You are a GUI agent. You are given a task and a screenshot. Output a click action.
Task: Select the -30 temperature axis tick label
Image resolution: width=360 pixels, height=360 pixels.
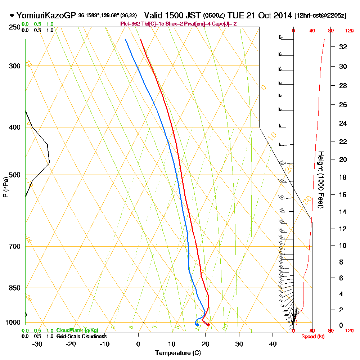coord(37,344)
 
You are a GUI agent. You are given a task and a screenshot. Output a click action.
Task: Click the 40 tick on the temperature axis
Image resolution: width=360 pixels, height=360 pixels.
coord(273,344)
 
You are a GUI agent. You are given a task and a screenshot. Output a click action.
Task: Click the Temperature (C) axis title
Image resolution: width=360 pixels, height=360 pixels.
coord(178,353)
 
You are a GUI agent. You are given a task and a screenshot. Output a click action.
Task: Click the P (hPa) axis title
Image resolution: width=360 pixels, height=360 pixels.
coord(5,187)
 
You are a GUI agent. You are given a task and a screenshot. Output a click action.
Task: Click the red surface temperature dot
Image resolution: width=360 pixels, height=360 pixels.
coord(208,325)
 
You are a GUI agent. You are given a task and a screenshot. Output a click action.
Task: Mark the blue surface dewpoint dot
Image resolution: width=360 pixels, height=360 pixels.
coord(197,325)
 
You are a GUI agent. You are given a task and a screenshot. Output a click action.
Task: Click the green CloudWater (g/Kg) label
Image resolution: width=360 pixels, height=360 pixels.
coord(77,330)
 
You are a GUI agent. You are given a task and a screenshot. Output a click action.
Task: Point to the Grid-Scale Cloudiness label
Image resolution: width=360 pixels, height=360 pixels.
coord(81,336)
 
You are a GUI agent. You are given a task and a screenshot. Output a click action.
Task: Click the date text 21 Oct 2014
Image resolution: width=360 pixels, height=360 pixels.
coord(269,15)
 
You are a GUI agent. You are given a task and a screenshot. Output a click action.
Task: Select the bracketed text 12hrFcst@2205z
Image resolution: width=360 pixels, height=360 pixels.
coord(320,16)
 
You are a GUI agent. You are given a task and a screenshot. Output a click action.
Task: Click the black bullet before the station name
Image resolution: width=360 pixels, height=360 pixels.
coord(12,15)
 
